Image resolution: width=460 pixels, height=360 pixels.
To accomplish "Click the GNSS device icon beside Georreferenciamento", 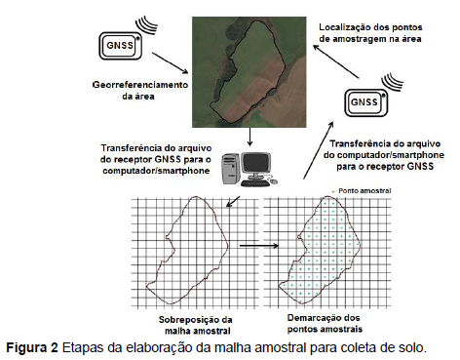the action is tap(120, 46).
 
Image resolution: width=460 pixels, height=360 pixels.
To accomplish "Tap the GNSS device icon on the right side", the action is tap(366, 102).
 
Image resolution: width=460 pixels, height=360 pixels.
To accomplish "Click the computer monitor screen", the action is tap(256, 164).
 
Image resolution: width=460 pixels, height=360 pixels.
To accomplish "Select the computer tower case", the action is tap(231, 169).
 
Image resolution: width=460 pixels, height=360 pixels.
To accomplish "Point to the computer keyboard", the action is tap(255, 183).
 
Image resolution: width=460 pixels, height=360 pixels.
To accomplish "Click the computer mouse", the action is tap(274, 180).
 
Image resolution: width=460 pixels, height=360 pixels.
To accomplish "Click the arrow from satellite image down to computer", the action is tap(249, 137).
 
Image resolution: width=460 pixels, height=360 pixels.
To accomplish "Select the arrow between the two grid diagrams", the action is tap(259, 246).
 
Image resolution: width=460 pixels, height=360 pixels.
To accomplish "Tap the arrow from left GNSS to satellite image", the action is tap(170, 63).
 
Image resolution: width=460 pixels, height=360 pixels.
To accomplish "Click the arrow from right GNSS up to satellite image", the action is tap(336, 61).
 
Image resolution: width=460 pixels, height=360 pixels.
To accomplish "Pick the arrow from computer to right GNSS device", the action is tap(319, 150).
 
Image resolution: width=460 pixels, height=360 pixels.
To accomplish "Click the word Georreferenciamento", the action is tap(140, 85).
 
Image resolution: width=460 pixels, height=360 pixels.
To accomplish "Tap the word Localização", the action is tap(343, 27).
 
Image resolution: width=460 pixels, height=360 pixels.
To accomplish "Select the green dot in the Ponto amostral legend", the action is tap(333, 191).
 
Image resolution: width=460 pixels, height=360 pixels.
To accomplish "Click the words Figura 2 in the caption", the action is tap(32, 347).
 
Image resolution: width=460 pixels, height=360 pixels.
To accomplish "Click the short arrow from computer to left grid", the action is tap(233, 202).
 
